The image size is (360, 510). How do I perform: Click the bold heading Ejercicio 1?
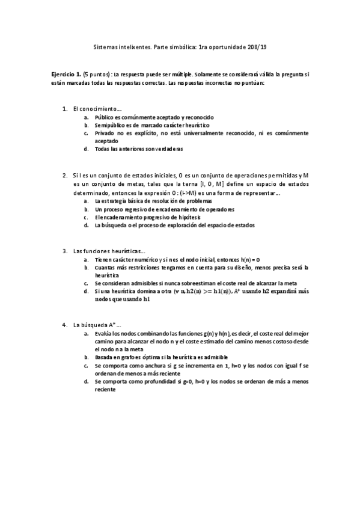point(66,74)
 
